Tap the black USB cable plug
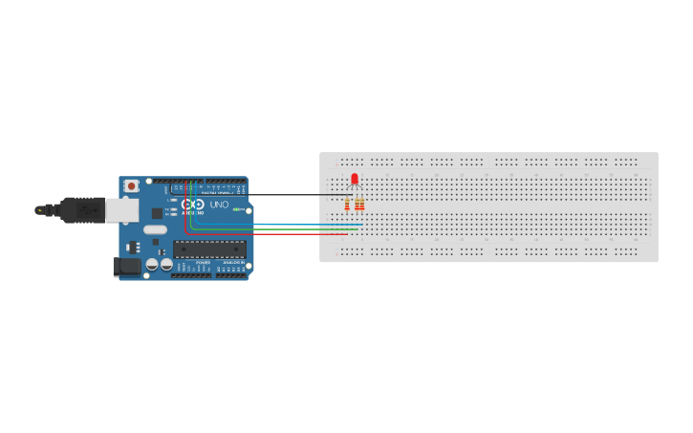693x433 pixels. click(x=81, y=209)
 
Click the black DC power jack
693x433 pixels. click(x=126, y=267)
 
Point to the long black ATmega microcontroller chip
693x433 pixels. click(x=209, y=249)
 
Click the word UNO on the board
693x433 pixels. click(x=219, y=205)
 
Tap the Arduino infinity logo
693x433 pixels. click(x=192, y=205)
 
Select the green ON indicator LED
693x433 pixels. click(x=235, y=209)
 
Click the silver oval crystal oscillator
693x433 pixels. click(x=155, y=229)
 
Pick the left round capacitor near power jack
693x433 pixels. click(x=153, y=264)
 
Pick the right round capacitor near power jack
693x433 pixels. click(x=166, y=264)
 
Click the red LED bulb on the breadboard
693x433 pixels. click(x=355, y=179)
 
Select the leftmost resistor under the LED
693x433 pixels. click(x=347, y=204)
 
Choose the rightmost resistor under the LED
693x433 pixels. click(x=361, y=204)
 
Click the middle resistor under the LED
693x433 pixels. click(x=355, y=204)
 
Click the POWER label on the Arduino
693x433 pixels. click(x=203, y=262)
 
